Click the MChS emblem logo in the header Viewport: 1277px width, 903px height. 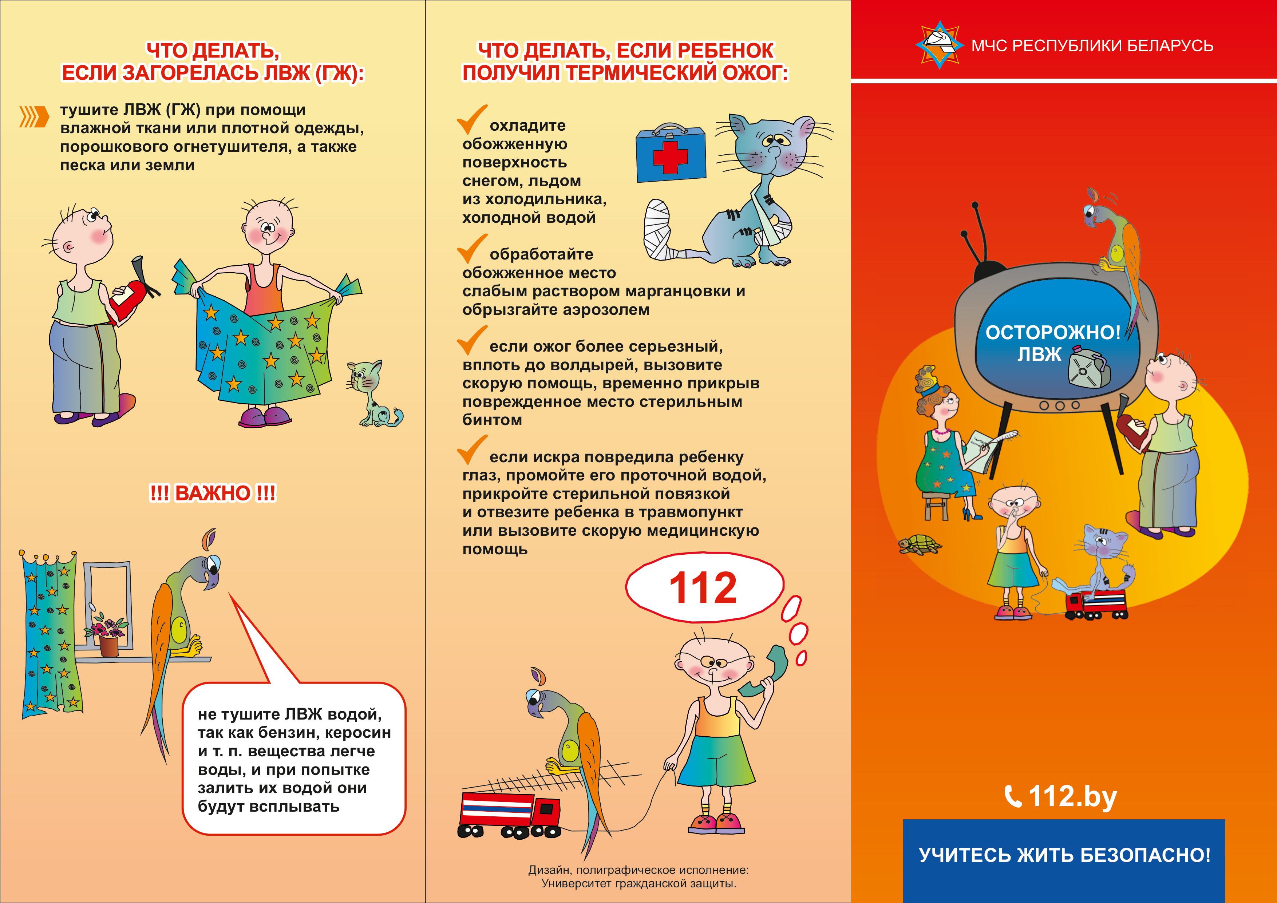pyautogui.click(x=940, y=44)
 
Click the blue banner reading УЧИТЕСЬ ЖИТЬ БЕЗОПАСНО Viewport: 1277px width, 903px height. pyautogui.click(x=1064, y=861)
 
